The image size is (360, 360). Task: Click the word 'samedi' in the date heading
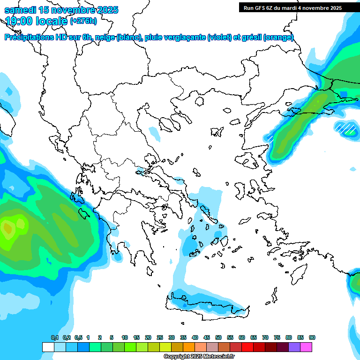(x=20, y=10)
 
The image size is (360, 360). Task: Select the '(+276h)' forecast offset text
(x=83, y=21)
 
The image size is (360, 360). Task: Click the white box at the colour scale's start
(x=48, y=347)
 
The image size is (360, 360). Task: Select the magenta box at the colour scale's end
(x=307, y=347)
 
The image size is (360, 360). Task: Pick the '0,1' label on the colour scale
(x=55, y=338)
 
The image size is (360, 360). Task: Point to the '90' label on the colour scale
(x=312, y=338)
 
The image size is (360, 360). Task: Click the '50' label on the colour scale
(x=218, y=338)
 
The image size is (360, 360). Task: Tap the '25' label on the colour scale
(x=160, y=338)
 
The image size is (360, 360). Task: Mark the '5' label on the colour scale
(x=112, y=338)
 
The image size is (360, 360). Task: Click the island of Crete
(x=206, y=302)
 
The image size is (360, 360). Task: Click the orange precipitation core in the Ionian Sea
(x=7, y=229)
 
